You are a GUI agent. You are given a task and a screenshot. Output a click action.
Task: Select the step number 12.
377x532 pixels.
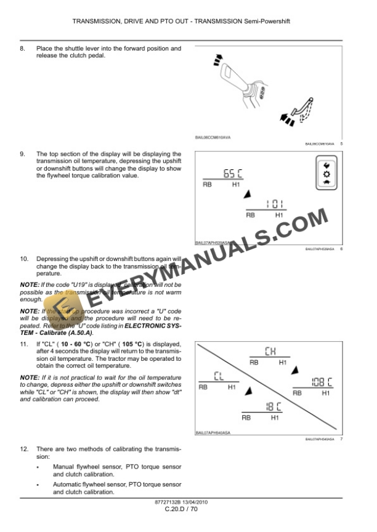[23, 450]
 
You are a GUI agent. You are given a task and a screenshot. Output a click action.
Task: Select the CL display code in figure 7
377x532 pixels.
[219, 375]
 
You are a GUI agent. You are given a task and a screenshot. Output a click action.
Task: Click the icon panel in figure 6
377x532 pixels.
[326, 174]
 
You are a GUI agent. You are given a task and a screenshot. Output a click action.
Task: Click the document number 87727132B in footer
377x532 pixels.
[170, 502]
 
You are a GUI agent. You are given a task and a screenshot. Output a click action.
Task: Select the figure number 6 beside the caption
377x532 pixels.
[341, 249]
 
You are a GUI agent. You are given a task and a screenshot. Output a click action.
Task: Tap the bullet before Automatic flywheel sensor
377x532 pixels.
[38, 485]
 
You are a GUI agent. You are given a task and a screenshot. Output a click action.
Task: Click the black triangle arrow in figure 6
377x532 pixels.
[247, 194]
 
